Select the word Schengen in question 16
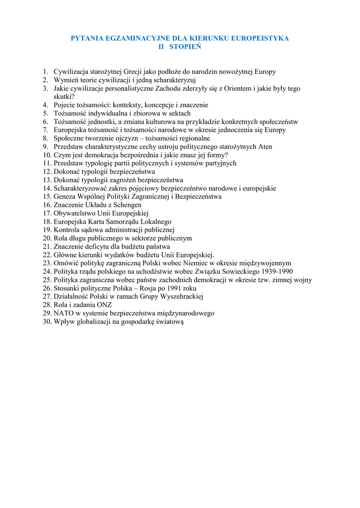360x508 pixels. point(128,205)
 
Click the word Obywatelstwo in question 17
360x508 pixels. point(74,213)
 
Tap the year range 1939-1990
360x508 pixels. point(276,272)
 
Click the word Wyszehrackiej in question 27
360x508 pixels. point(179,297)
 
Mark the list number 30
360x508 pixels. point(47,322)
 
